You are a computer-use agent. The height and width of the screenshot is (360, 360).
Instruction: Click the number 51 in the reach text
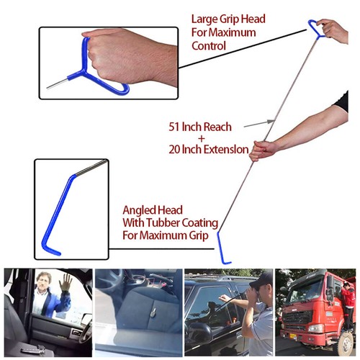(x=173, y=127)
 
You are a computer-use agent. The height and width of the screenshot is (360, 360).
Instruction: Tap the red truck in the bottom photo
(x=311, y=306)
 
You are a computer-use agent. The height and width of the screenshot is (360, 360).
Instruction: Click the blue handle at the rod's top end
(x=316, y=27)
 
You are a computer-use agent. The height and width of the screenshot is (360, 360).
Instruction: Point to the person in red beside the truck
(x=348, y=306)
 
